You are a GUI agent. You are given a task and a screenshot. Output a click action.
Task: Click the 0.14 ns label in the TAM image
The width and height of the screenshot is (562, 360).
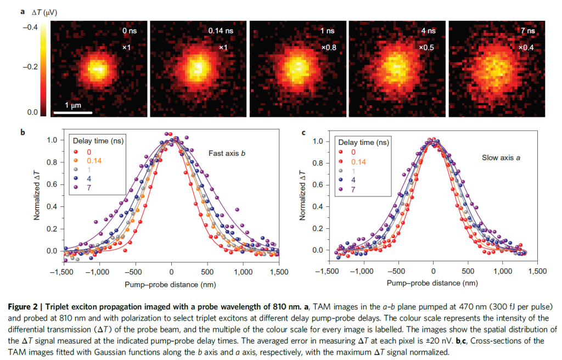(218, 31)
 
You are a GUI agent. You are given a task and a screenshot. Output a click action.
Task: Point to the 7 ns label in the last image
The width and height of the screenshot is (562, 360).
(529, 31)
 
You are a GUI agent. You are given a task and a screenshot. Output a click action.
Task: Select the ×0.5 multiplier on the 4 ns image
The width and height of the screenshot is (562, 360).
(427, 48)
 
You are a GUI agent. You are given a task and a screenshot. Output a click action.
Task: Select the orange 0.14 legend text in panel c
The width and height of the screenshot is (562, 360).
(359, 162)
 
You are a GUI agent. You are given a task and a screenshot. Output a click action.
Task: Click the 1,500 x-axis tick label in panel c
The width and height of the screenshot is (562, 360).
(538, 271)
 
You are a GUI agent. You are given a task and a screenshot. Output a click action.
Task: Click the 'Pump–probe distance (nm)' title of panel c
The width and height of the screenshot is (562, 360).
(433, 283)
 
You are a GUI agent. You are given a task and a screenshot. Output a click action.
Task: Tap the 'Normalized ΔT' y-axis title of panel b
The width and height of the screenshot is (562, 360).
(37, 196)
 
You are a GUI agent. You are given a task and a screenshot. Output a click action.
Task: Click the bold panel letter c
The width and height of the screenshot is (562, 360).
(305, 132)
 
